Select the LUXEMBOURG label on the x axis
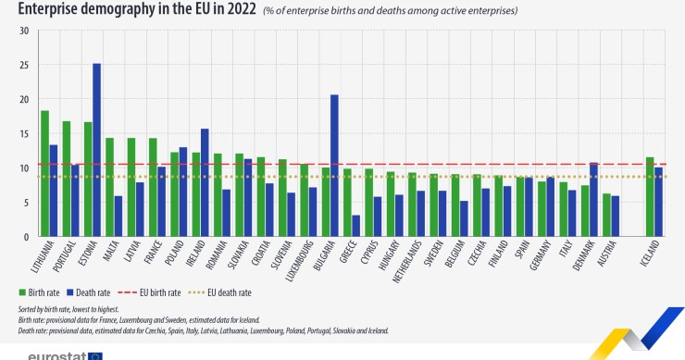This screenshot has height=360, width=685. click(298, 263)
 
